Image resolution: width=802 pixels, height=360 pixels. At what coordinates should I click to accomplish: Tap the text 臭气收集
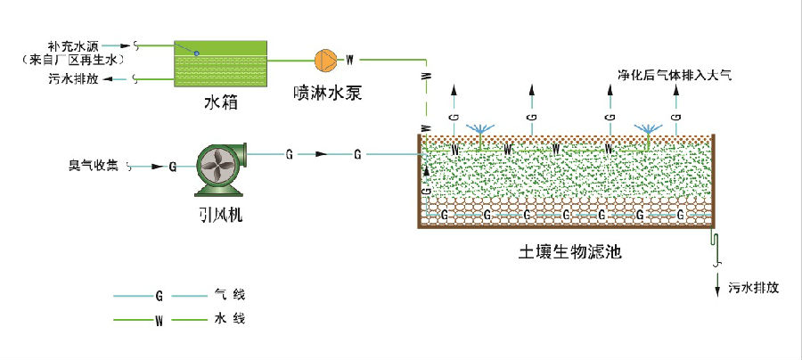tap(93, 165)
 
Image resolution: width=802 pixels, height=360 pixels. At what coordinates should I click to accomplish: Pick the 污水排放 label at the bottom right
tap(753, 288)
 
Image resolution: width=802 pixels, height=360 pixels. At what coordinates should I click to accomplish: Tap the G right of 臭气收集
tap(172, 166)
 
